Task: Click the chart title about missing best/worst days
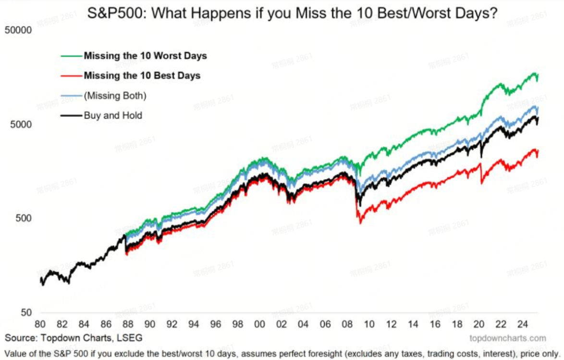point(292,13)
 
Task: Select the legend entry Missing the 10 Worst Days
point(145,56)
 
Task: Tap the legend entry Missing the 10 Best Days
point(142,75)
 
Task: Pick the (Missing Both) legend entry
point(115,96)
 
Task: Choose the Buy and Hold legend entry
point(113,115)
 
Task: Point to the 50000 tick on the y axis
point(18,30)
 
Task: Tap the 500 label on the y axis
point(23,218)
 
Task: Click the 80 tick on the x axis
point(40,324)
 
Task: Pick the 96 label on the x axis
point(215,324)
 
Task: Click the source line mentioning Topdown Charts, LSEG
point(74,338)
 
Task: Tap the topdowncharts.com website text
point(507,338)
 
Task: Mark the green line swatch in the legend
point(71,56)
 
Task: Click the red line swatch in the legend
point(71,75)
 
